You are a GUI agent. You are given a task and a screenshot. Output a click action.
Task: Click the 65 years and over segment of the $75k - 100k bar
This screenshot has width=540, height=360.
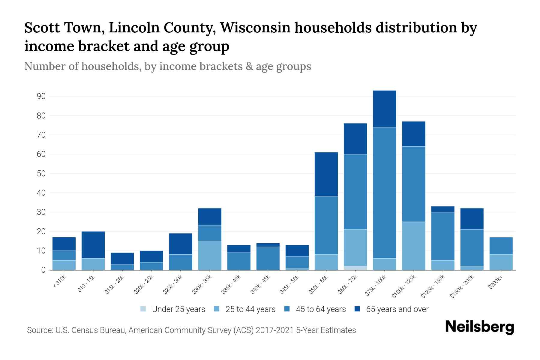tap(384, 109)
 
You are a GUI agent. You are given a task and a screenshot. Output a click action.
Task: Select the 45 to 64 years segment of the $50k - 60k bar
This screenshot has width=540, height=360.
tap(326, 226)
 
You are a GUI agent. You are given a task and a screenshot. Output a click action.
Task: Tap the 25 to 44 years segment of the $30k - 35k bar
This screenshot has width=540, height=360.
tap(210, 255)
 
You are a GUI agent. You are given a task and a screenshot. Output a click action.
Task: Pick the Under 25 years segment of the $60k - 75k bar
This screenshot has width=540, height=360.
tap(355, 268)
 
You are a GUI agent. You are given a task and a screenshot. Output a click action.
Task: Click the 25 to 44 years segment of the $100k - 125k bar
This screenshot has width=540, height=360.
tap(413, 246)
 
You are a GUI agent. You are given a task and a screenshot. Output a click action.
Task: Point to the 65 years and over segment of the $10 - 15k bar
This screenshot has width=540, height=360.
tap(93, 245)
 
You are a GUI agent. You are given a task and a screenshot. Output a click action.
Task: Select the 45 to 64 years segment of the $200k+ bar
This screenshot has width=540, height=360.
tap(501, 246)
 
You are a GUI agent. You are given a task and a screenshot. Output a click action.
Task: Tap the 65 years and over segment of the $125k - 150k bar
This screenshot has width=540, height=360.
tap(442, 209)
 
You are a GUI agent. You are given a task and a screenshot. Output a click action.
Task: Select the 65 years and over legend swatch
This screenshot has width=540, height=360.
tap(357, 309)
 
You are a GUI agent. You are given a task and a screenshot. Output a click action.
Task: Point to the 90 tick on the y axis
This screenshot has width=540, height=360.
tap(41, 96)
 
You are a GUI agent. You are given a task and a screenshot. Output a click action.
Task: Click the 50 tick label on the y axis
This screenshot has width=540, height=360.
tap(41, 174)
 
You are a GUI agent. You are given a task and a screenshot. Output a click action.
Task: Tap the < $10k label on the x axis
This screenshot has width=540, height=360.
tap(60, 281)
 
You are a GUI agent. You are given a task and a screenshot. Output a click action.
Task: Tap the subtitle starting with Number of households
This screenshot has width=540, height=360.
tap(167, 66)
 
